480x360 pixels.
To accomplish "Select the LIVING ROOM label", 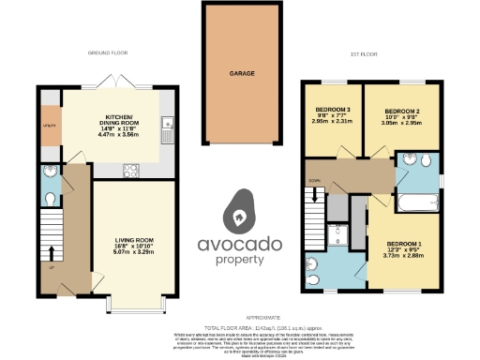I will [x=134, y=239].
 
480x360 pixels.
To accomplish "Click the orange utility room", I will [x=49, y=124].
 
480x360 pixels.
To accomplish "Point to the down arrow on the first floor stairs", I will [x=316, y=197].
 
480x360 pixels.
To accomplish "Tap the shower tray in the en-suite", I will [x=344, y=235].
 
